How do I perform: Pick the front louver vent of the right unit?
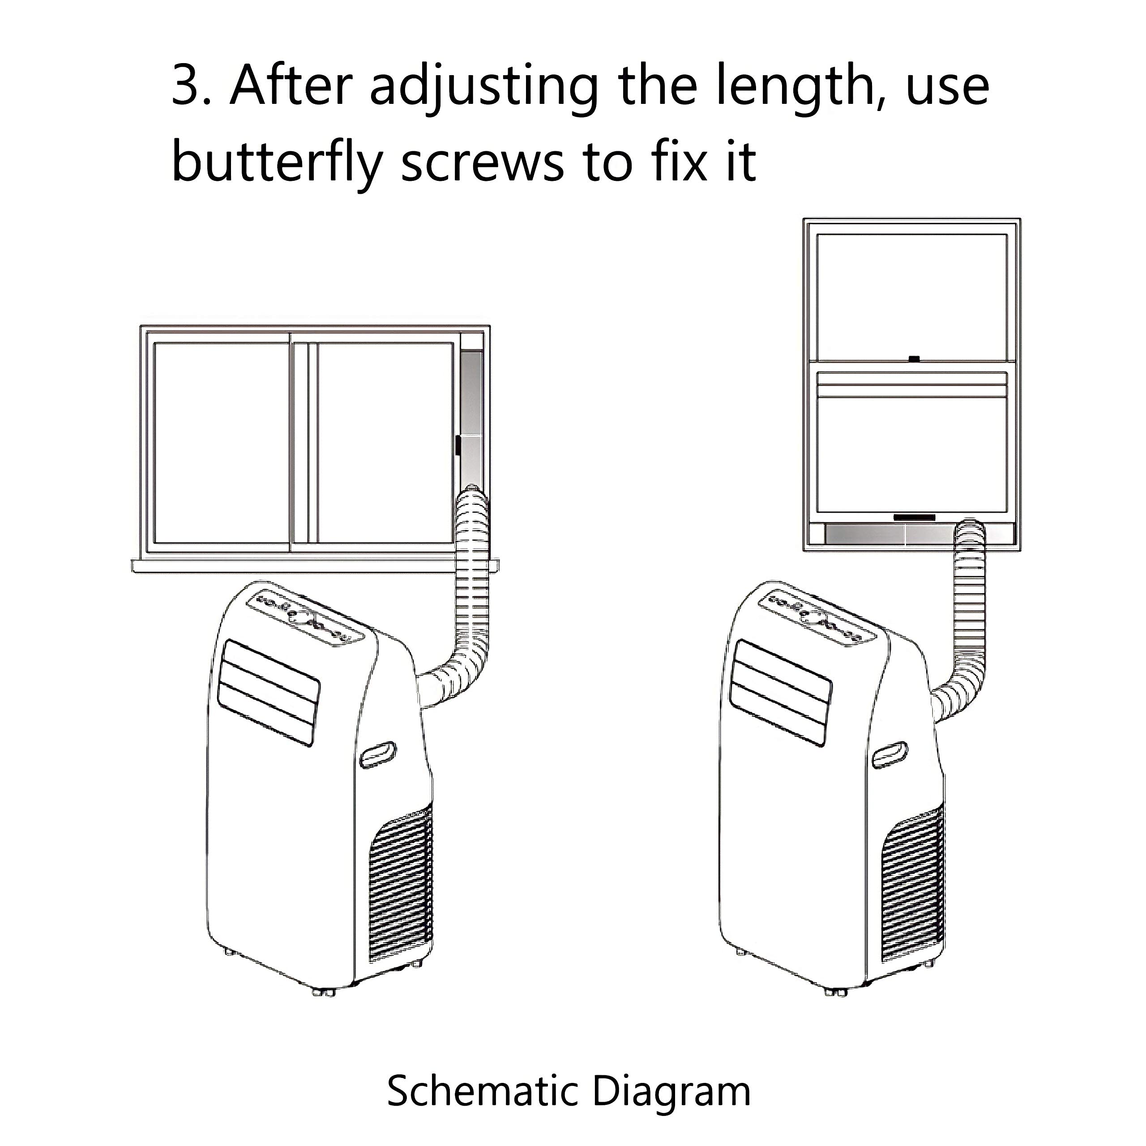(781, 692)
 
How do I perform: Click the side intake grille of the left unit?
(400, 893)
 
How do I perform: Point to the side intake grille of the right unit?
(912, 893)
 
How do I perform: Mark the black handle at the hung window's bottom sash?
(914, 517)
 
